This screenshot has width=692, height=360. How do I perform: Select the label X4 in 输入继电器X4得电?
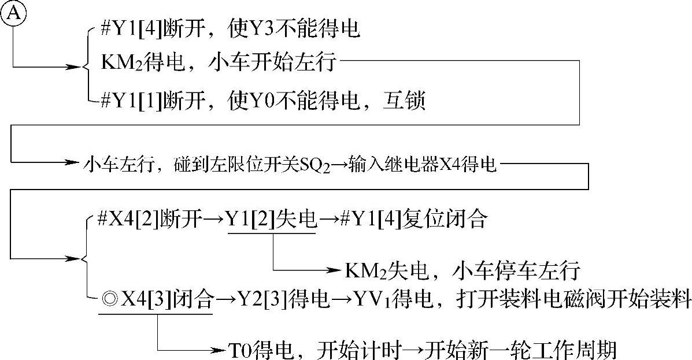450,165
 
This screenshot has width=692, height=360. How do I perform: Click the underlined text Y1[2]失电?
272,220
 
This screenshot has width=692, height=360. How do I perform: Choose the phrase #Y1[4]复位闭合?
413,220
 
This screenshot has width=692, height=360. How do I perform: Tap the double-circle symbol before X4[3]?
108,300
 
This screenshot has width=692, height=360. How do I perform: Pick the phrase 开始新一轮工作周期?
520,350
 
